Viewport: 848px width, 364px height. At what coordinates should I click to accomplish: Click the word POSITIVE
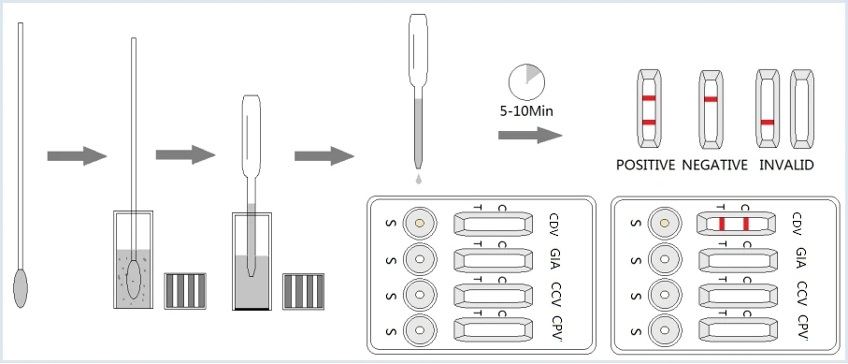(645, 166)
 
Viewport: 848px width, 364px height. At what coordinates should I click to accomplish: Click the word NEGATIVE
(714, 166)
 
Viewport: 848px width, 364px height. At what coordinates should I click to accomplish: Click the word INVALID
(786, 166)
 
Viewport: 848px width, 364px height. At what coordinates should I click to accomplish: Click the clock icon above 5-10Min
(525, 82)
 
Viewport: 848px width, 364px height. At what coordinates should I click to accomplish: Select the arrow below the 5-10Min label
(530, 136)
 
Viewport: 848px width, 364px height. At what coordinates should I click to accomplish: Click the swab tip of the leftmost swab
(21, 286)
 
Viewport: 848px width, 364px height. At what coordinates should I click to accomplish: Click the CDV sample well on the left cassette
(420, 224)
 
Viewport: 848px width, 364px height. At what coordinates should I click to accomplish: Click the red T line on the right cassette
(722, 224)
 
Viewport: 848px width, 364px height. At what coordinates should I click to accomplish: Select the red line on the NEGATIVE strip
(711, 98)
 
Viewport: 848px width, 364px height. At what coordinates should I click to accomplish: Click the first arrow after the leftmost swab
(77, 155)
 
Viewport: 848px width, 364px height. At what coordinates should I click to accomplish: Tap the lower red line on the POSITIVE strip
(648, 123)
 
